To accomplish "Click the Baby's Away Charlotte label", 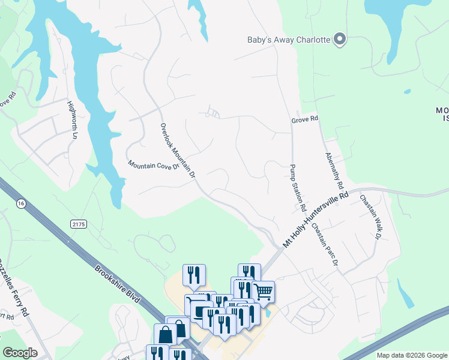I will click(289, 40).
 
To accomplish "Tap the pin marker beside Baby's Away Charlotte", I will click(340, 40).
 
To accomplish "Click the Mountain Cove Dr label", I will click(154, 165).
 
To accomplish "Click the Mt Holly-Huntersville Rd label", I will click(316, 220).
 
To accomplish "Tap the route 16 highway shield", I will click(22, 204).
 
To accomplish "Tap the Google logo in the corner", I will click(20, 353).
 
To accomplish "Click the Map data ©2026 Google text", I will click(411, 355).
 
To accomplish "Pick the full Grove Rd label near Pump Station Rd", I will click(304, 119).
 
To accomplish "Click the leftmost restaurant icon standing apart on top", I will click(194, 275).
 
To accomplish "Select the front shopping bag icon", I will click(166, 334).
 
